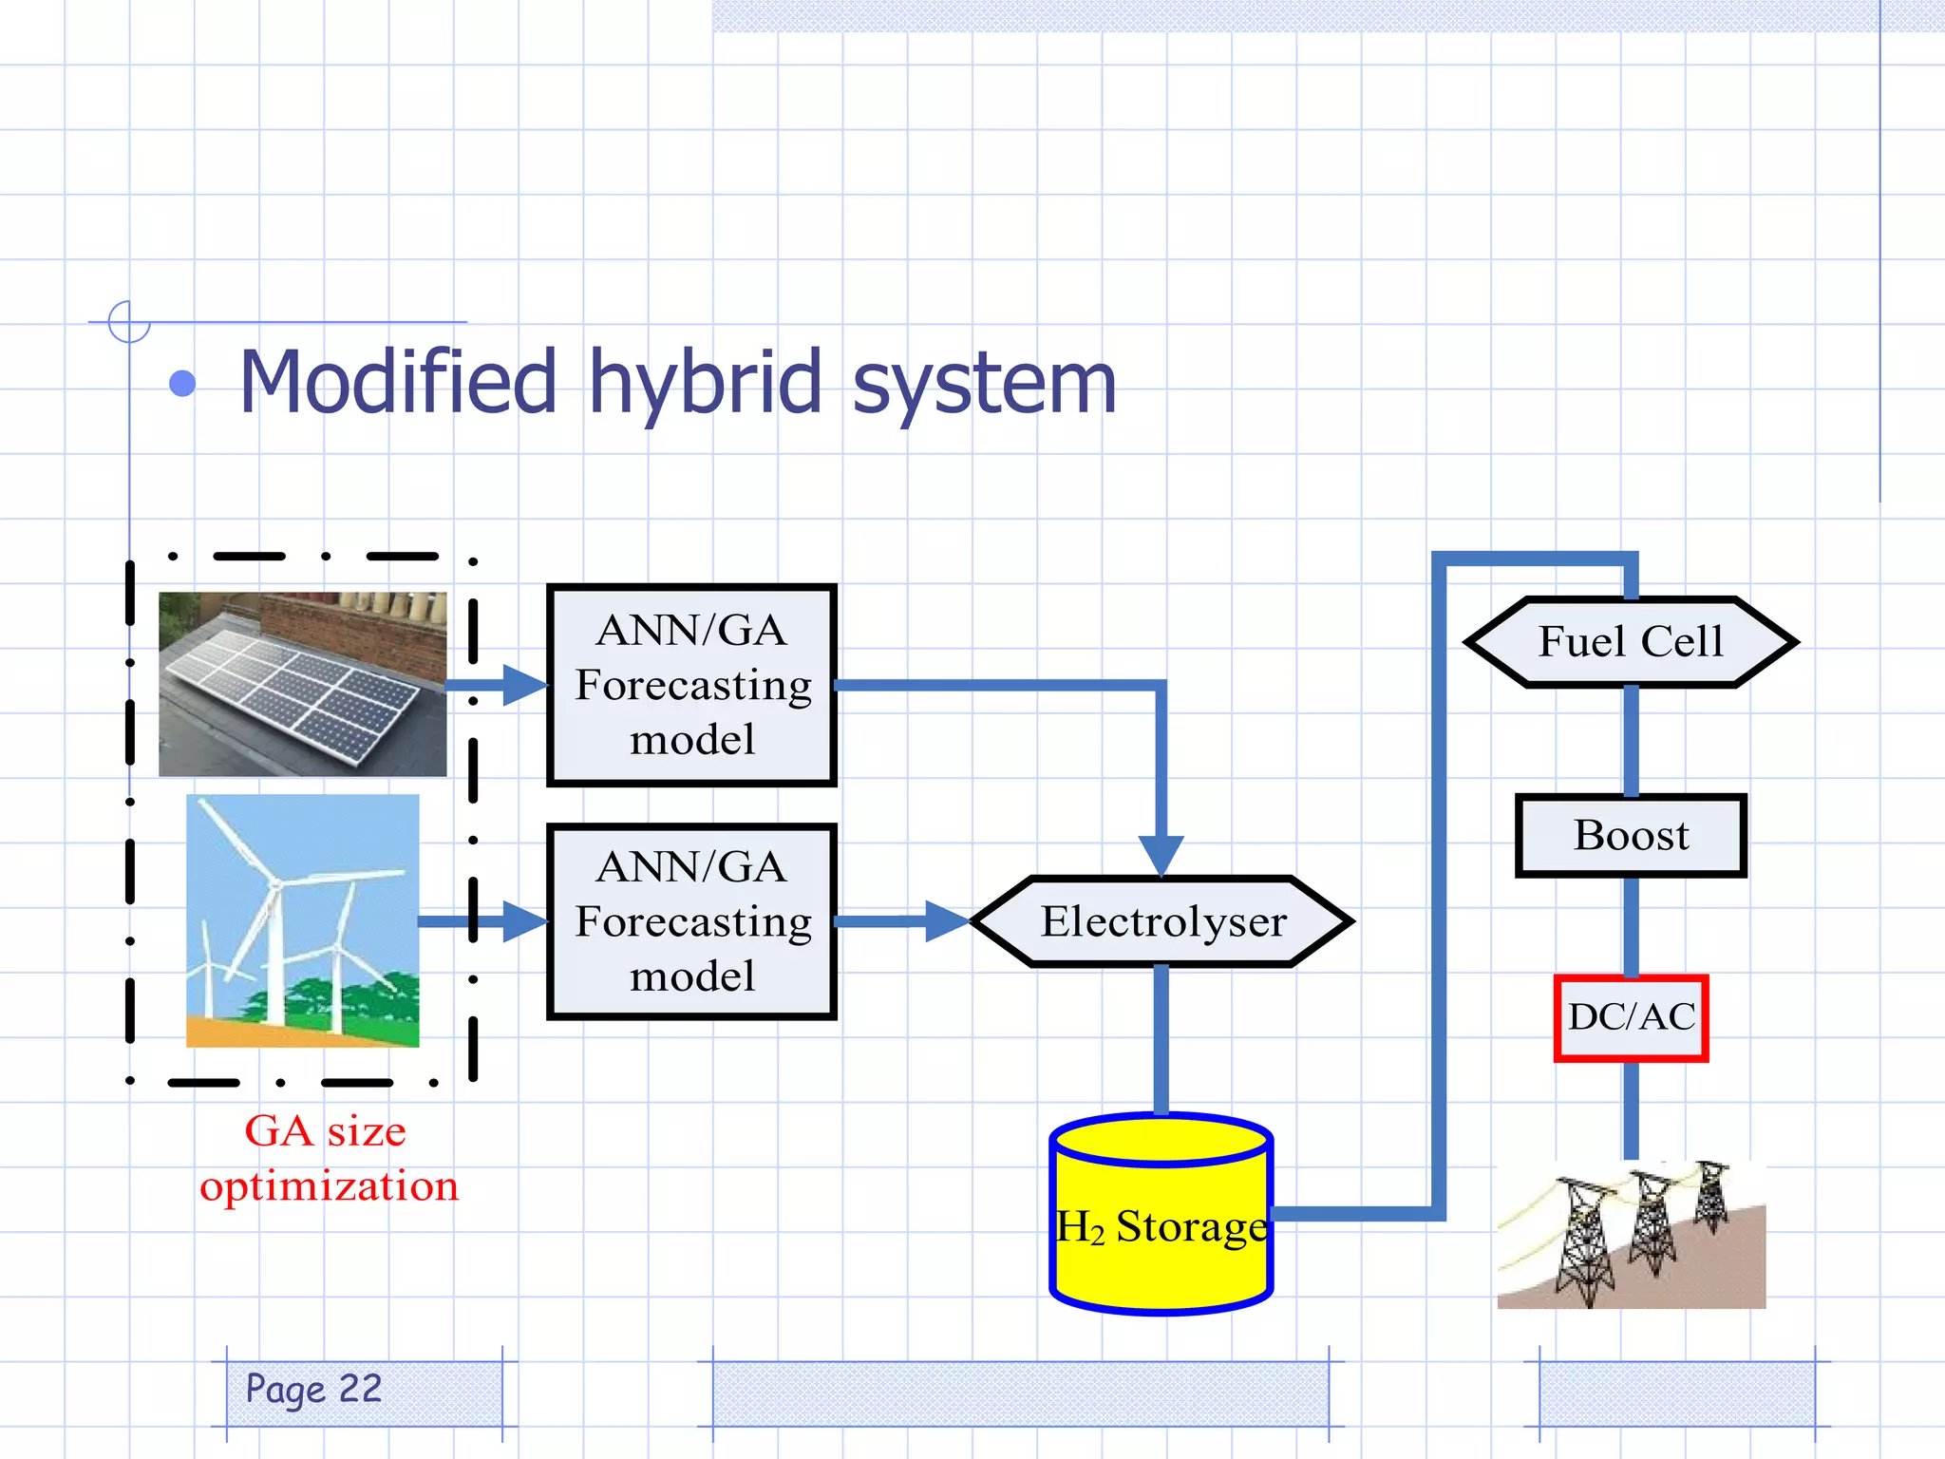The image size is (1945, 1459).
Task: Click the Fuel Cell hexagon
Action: click(x=1630, y=642)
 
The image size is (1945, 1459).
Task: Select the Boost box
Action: click(x=1631, y=836)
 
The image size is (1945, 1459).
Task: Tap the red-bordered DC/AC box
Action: click(x=1631, y=1017)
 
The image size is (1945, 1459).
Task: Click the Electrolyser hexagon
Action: click(x=1162, y=921)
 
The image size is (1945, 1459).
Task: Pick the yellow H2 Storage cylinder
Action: click(x=1161, y=1225)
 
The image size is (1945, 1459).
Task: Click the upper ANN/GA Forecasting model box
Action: click(x=692, y=685)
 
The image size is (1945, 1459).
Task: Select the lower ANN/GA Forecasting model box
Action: click(x=692, y=921)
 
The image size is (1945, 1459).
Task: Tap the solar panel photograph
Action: click(x=302, y=684)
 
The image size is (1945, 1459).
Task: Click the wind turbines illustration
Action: click(x=302, y=920)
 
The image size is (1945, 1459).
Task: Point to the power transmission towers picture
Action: click(x=1631, y=1234)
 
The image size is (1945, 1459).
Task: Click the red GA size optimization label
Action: click(x=328, y=1158)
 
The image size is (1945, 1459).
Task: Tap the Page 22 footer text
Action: click(x=313, y=1390)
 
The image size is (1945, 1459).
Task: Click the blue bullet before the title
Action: click(x=182, y=384)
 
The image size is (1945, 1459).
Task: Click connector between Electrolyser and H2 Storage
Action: click(x=1161, y=1039)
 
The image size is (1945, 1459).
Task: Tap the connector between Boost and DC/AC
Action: click(x=1631, y=926)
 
